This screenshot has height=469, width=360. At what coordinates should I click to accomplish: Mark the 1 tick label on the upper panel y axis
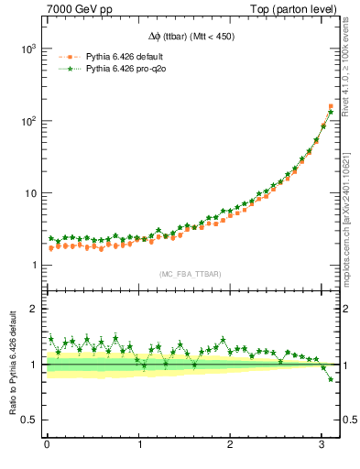click(x=34, y=266)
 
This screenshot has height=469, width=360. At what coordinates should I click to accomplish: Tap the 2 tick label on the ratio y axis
click(x=34, y=310)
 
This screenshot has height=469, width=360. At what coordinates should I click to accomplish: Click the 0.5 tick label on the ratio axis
click(x=29, y=420)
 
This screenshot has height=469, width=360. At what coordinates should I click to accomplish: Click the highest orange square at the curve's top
click(x=331, y=106)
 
